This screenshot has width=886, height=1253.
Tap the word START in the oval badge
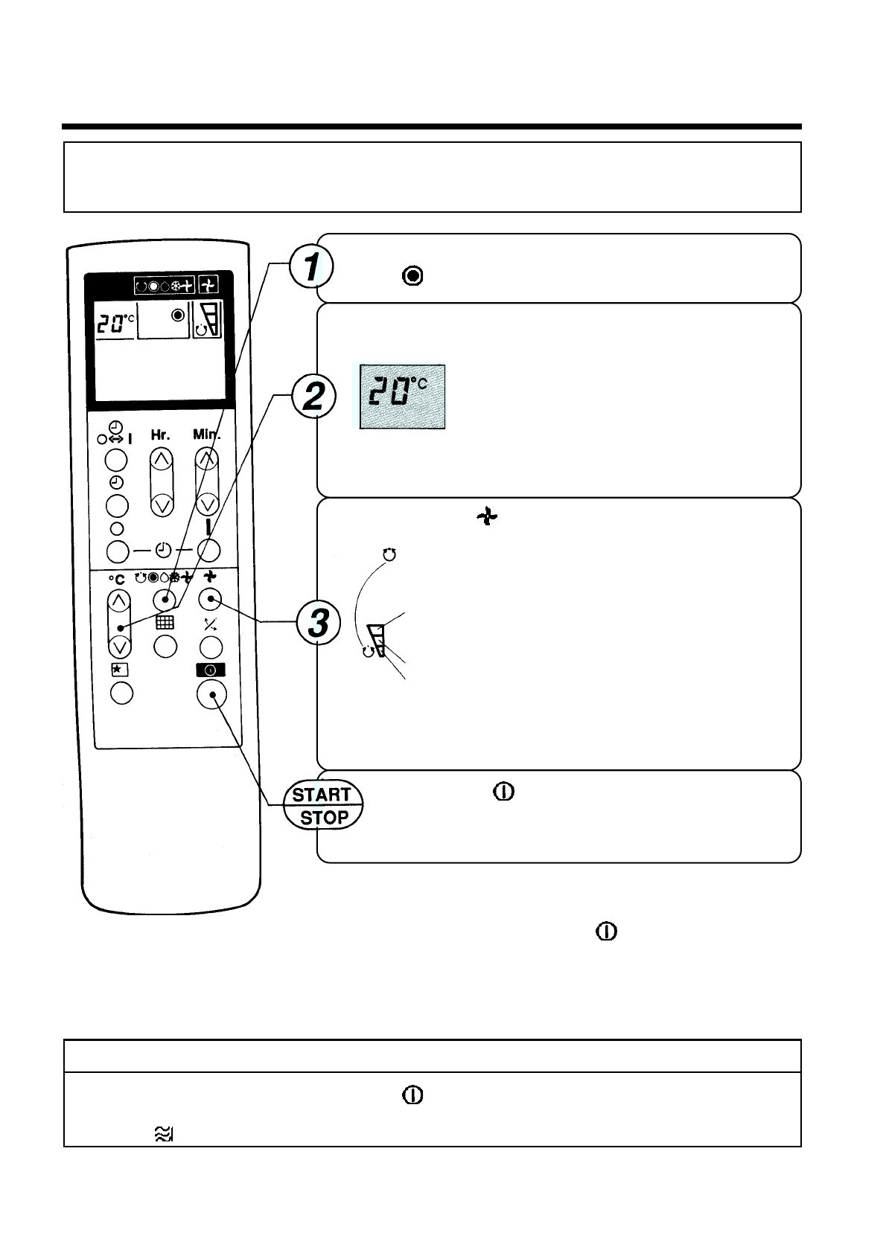click(322, 795)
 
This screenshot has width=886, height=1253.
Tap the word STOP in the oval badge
click(324, 818)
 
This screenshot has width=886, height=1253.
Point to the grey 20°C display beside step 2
click(402, 397)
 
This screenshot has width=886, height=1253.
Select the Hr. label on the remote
click(161, 435)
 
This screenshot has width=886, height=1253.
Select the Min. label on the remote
click(207, 434)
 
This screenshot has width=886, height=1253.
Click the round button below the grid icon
click(165, 646)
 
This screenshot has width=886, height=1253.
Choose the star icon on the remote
click(119, 670)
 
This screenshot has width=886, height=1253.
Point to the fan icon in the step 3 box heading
click(486, 517)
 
